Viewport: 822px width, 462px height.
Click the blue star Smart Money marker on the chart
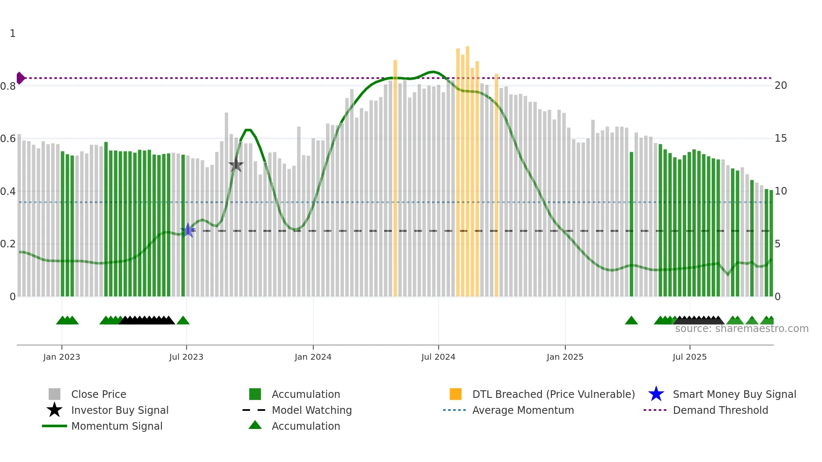point(187,230)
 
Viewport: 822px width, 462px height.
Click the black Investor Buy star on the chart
point(236,165)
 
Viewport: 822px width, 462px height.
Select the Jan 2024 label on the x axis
point(313,357)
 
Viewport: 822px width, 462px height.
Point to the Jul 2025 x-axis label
point(689,357)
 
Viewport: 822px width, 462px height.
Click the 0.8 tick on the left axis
point(8,86)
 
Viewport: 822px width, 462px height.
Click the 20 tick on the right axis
point(780,86)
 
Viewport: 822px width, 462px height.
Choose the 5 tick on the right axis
point(778,244)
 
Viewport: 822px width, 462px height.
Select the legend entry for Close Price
point(99,394)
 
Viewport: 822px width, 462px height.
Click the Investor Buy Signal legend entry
point(120,410)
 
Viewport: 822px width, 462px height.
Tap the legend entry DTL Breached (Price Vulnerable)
point(553,394)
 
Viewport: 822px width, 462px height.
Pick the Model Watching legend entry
point(312,410)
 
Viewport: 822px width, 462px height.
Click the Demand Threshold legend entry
point(720,410)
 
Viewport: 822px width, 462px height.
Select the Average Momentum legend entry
point(523,410)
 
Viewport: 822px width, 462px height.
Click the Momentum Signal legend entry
point(117,426)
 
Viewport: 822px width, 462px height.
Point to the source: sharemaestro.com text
point(741,329)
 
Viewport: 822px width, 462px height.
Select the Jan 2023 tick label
point(62,357)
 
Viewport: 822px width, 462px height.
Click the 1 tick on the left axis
point(13,34)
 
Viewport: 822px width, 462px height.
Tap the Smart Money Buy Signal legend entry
point(734,394)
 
